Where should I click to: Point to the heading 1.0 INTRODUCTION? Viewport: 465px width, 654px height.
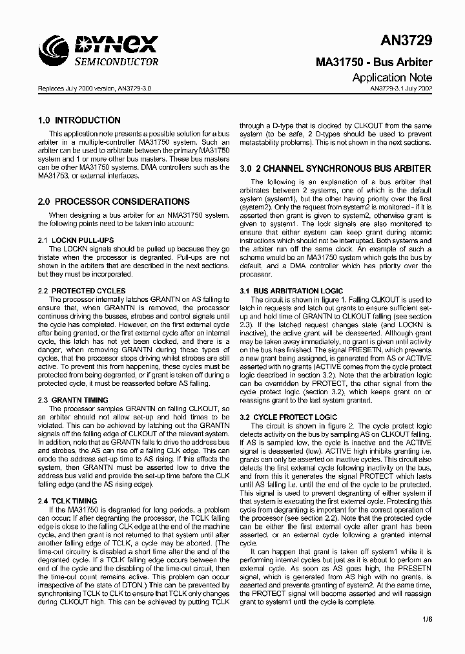point(79,120)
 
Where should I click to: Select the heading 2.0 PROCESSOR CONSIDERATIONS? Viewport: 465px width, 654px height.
point(114,202)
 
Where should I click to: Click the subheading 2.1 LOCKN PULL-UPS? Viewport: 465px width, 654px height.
point(76,240)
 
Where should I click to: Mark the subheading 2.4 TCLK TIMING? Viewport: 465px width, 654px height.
point(68,501)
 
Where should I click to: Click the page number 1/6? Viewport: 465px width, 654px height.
point(426,618)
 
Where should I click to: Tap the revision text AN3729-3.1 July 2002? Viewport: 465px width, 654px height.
point(401,89)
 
